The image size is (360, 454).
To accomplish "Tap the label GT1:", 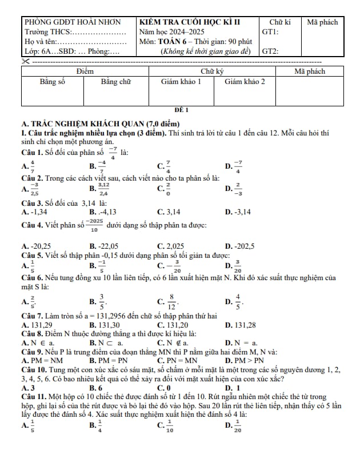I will point(270,32).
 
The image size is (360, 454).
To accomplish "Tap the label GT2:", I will point(270,51).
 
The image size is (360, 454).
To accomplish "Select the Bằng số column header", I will point(53,82).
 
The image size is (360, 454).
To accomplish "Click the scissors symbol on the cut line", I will point(25,61).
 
